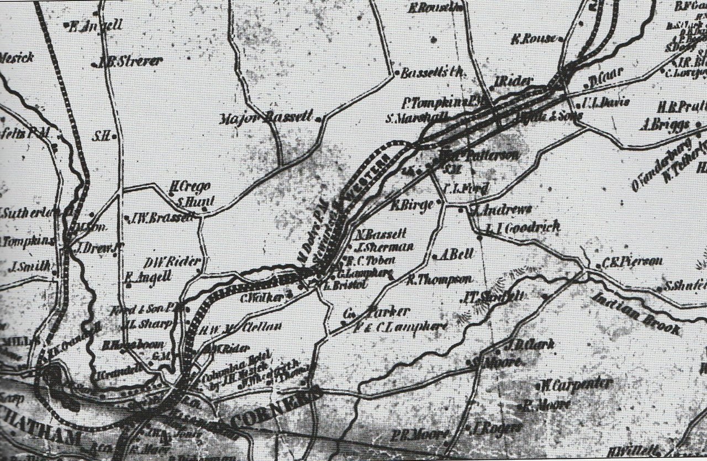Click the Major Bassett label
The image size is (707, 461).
(x=266, y=118)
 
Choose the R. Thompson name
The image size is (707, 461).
(x=439, y=280)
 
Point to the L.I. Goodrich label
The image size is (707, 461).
(x=523, y=227)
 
